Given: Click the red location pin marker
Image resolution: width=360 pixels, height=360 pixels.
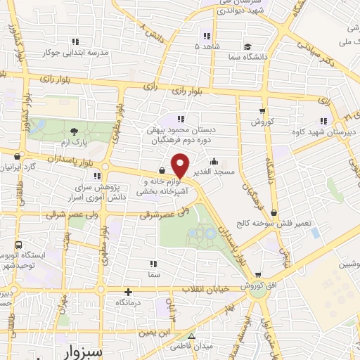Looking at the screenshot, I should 181,165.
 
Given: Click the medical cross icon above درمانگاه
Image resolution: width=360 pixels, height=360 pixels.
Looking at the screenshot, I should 128,292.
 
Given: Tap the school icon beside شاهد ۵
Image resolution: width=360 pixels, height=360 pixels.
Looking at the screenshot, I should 206,36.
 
